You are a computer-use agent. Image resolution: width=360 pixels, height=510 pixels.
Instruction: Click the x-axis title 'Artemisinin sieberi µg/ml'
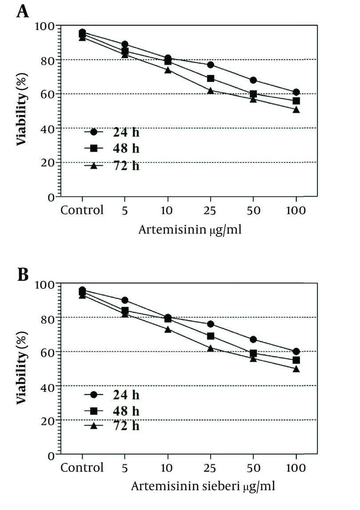[x=203, y=486]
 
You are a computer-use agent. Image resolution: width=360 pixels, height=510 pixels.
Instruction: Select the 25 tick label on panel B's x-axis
[x=211, y=467]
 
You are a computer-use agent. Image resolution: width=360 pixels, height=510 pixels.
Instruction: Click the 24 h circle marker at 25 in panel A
[x=211, y=65]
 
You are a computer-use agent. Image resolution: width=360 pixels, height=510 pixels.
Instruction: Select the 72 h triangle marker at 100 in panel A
[x=296, y=109]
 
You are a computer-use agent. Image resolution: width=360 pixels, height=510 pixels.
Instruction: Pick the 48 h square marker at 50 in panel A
[x=253, y=94]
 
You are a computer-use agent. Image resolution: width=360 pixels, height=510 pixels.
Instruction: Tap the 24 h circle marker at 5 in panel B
[x=125, y=300]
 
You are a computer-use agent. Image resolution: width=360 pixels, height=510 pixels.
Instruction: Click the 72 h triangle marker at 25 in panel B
[x=211, y=348]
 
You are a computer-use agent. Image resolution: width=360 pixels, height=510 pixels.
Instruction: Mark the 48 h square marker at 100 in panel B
[x=296, y=360]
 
